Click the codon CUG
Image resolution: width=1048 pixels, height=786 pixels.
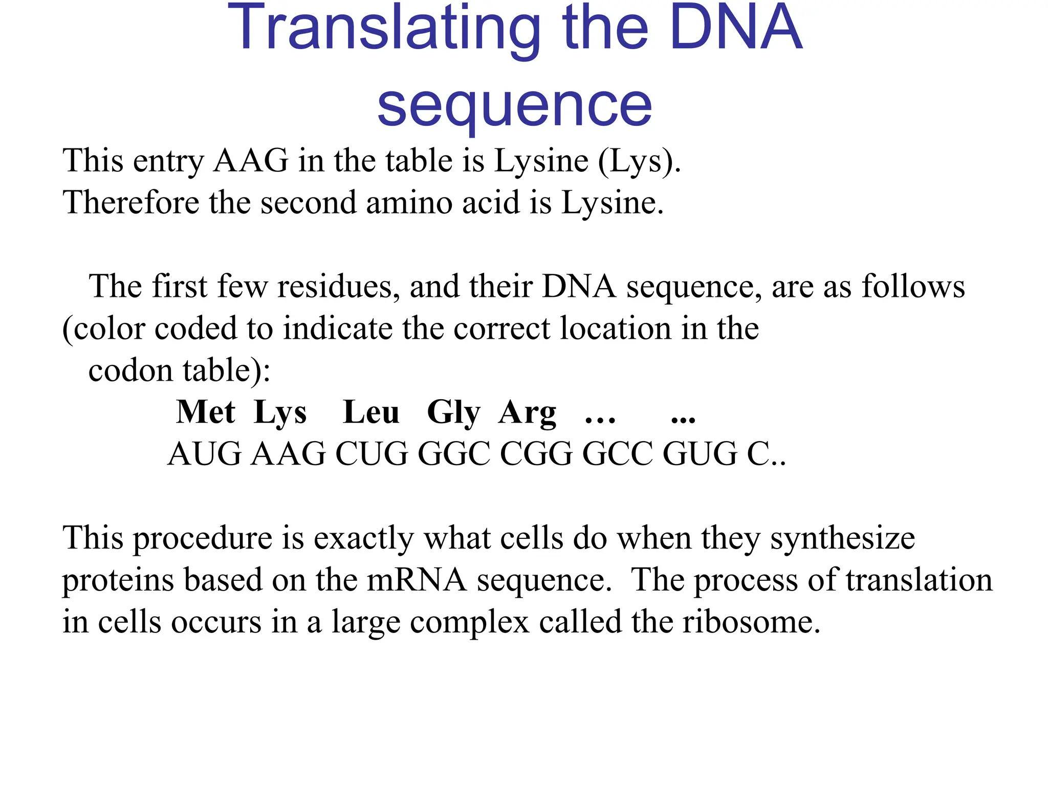[x=372, y=454]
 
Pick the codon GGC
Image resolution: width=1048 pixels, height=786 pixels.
[x=454, y=454]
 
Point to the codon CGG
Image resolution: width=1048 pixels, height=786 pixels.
[x=536, y=454]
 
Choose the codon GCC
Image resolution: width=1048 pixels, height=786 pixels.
[x=618, y=454]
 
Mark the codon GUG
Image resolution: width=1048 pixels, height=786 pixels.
[x=700, y=454]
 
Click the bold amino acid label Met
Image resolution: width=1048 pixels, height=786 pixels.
[x=206, y=412]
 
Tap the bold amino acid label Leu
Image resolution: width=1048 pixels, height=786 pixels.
[x=371, y=412]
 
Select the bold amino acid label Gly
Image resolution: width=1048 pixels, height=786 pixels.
[x=454, y=413]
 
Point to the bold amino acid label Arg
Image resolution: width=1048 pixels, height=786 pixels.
[x=528, y=413]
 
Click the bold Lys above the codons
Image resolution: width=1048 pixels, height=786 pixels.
[x=280, y=413]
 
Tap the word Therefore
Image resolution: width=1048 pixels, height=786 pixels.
[x=130, y=202]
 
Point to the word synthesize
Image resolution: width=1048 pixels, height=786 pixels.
[x=842, y=539]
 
